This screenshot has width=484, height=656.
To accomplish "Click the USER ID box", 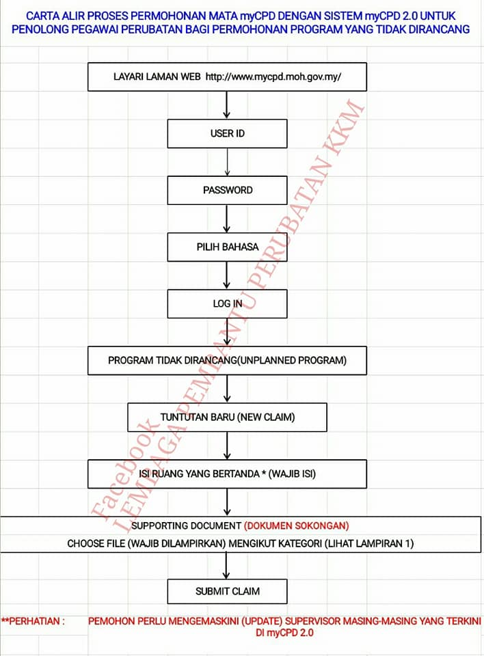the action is pos(228,133).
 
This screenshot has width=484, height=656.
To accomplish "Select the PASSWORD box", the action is pos(228,191).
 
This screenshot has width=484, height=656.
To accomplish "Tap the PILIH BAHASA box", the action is pos(228,247).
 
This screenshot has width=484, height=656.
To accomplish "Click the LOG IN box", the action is pos(228,303).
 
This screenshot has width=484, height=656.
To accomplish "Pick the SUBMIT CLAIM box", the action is pos(228,591).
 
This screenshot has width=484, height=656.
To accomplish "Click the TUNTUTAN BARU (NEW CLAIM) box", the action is pos(228,417).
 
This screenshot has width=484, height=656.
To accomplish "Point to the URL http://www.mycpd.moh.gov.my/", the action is pos(273,77).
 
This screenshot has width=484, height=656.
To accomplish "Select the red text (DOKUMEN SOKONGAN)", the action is pos(297,526).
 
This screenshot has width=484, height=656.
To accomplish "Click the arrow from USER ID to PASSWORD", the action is pos(227,162).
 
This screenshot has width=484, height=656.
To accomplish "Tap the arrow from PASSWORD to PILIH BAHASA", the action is pos(226,219).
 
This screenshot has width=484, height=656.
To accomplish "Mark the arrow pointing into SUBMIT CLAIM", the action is pos(226,566).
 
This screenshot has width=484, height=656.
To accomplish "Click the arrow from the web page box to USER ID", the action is pos(226,105).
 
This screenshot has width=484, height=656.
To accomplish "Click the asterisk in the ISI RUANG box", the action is pos(263,473).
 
